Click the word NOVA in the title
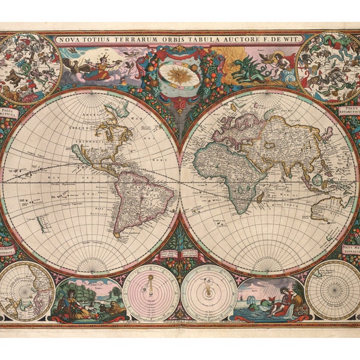point(68,40)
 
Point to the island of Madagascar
point(260,197)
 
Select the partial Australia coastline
point(327,207)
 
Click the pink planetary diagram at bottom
point(151,293)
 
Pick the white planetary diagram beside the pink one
point(208,293)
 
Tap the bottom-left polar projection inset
point(27,291)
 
